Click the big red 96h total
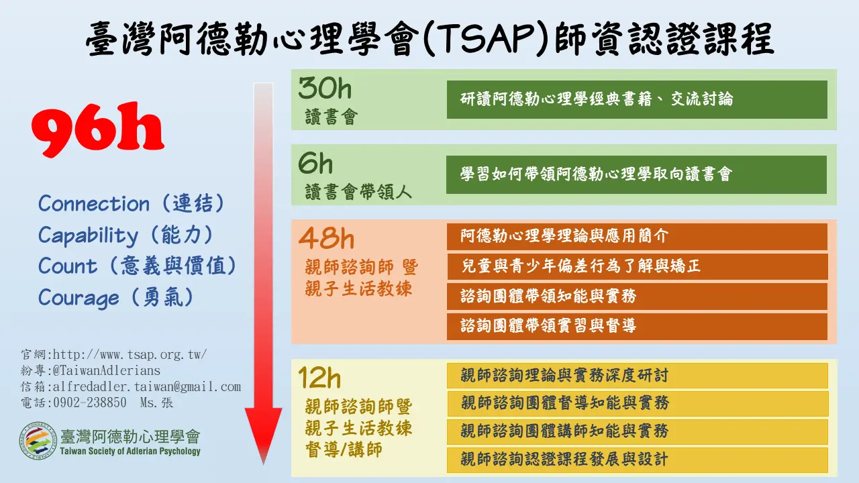click(x=98, y=129)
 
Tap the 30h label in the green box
click(x=325, y=88)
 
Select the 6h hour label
click(x=315, y=163)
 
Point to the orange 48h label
click(x=326, y=237)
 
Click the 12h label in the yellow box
click(x=319, y=377)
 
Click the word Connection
click(x=93, y=203)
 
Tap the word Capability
click(x=88, y=235)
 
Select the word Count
click(x=68, y=266)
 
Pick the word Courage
click(x=79, y=299)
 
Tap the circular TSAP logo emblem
click(x=38, y=441)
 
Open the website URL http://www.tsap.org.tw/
click(x=130, y=355)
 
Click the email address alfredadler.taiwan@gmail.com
click(x=147, y=386)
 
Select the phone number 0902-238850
click(x=90, y=402)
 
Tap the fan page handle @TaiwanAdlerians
click(x=107, y=371)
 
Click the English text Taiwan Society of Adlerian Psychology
click(x=130, y=451)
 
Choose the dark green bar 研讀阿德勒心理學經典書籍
click(x=637, y=99)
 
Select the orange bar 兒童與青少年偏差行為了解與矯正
click(x=638, y=266)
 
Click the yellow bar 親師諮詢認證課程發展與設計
click(x=638, y=460)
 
